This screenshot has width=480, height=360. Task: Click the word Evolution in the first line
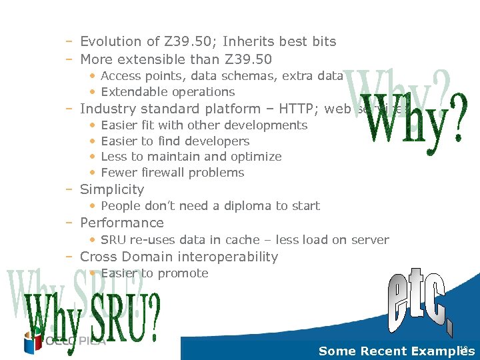111,41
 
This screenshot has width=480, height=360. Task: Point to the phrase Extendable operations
167,92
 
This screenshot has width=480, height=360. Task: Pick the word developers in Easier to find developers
215,141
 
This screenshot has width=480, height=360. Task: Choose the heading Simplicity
112,190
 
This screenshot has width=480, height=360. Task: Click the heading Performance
121,223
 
